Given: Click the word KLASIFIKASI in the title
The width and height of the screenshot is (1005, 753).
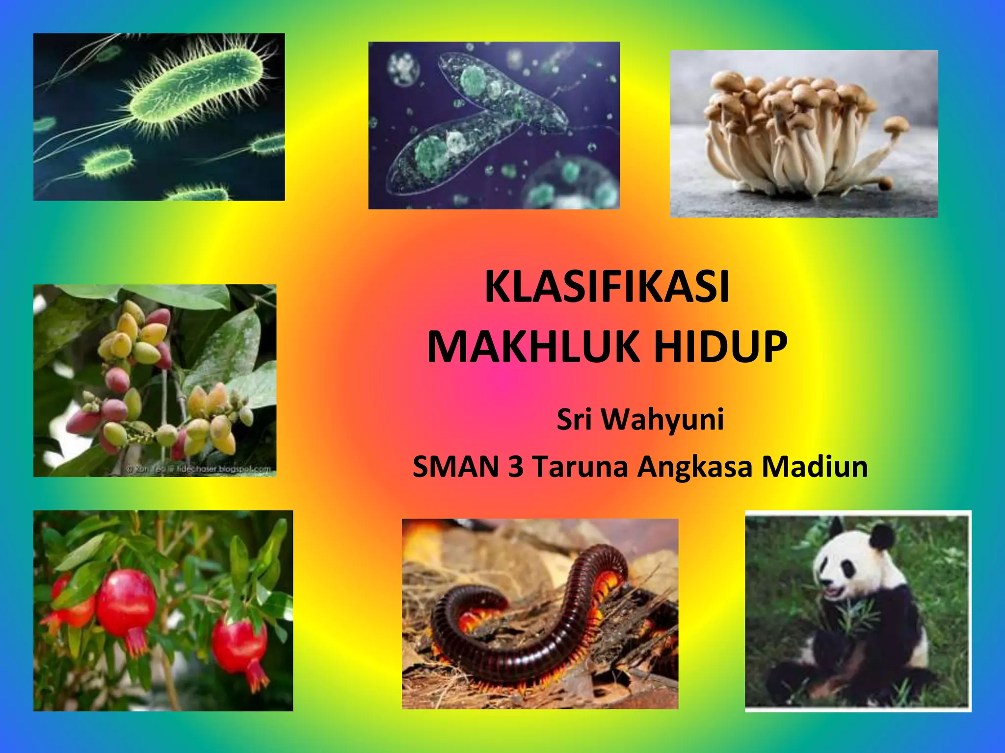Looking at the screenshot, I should coord(607,287).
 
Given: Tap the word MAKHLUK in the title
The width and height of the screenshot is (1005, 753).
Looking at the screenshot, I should coord(531,347).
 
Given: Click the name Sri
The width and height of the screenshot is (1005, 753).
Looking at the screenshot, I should coord(574,420).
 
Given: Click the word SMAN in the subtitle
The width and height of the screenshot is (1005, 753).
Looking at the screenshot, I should coord(457,466).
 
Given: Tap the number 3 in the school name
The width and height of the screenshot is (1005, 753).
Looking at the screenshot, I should coord(516,466).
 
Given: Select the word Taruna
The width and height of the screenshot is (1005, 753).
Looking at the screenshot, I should coord(580,466).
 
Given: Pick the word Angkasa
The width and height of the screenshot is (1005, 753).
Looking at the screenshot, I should coord(695,467).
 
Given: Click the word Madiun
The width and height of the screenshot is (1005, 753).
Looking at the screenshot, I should coord(815,466).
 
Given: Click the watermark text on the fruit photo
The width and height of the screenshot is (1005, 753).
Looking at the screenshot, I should coord(199,469).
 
